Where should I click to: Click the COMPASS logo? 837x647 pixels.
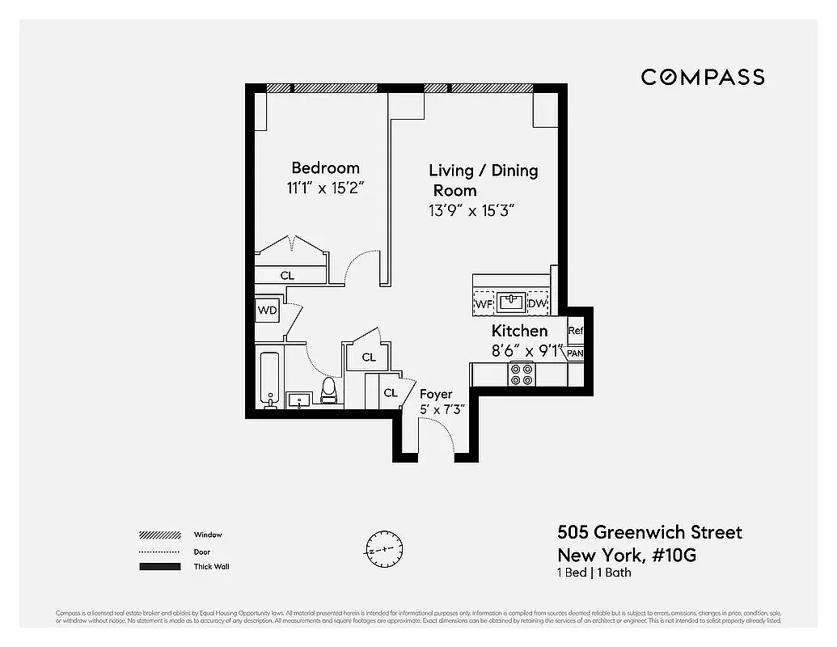point(703,77)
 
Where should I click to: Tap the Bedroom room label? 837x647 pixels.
point(325,168)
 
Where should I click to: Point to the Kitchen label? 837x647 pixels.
point(519,331)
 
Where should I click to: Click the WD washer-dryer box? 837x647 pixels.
point(268,311)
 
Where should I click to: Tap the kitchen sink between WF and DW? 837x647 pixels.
point(509,303)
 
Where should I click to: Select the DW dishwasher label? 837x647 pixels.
point(537,304)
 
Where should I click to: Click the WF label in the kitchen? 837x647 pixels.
point(484,304)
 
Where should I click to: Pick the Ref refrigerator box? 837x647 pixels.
point(575,331)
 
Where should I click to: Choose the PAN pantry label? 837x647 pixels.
point(575,353)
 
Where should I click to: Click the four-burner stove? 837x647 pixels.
point(521,374)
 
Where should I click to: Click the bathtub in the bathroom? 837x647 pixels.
point(269,379)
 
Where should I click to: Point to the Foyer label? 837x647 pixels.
point(436,394)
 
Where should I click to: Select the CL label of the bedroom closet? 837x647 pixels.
point(287,276)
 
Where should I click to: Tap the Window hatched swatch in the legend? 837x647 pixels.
point(159,535)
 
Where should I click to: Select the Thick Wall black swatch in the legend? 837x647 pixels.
point(159,567)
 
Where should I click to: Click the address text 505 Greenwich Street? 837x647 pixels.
point(649,532)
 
